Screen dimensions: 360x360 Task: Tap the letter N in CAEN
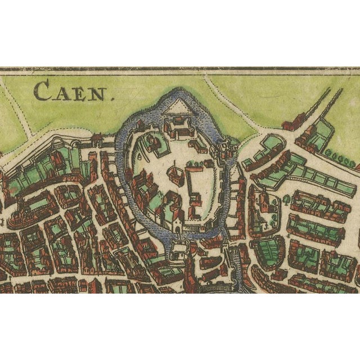[98, 92]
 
